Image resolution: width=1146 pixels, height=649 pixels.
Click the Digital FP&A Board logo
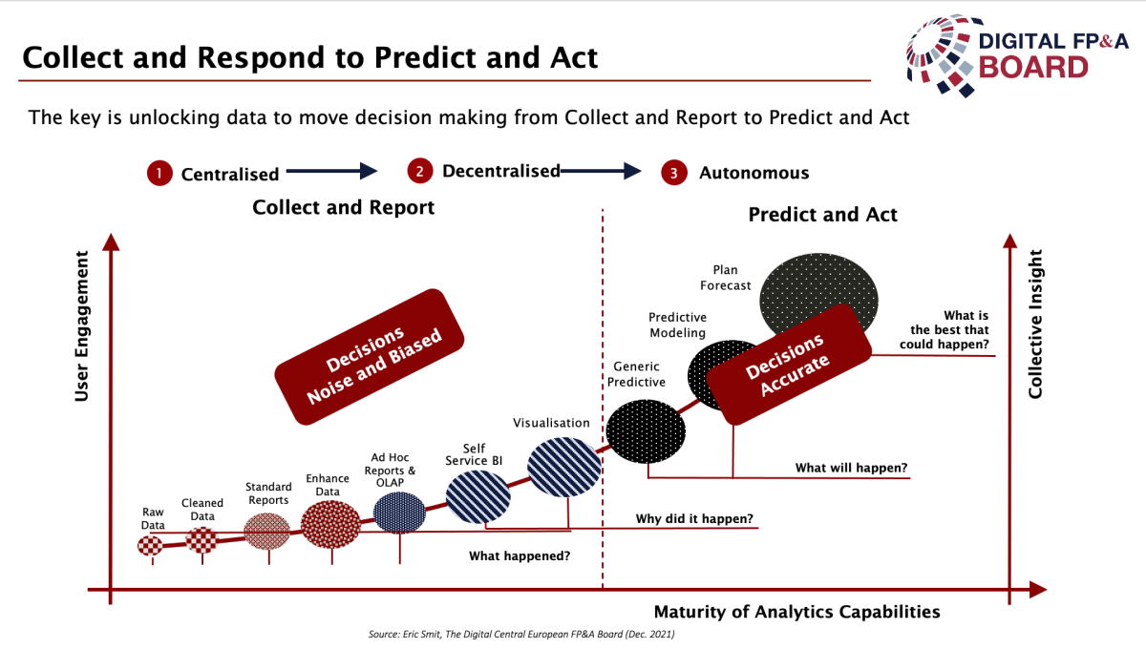point(1017,55)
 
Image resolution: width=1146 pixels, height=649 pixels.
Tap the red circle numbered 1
point(159,174)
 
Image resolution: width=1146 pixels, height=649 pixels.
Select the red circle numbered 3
point(674,173)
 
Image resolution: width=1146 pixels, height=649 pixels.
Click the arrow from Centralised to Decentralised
point(331,171)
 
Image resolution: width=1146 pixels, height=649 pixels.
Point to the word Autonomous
point(754,173)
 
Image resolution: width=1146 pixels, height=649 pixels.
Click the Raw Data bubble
point(151,546)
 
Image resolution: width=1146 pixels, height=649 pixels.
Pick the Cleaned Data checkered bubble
point(202,539)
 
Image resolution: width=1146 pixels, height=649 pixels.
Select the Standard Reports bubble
point(266,532)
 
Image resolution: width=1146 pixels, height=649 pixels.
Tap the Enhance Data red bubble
point(330,525)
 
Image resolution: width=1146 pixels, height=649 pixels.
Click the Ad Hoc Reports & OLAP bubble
point(399,513)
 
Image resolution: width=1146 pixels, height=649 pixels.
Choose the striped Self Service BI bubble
point(477,496)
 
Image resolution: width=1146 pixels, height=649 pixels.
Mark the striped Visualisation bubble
point(563,467)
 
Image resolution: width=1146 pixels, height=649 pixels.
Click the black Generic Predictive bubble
point(646,431)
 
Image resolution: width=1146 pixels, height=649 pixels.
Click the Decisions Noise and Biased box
point(370,357)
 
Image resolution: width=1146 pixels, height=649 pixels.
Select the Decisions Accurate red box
point(789,365)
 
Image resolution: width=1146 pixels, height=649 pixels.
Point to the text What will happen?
point(851,468)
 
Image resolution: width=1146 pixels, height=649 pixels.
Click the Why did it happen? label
point(694,518)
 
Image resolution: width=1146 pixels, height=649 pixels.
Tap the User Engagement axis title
point(82,325)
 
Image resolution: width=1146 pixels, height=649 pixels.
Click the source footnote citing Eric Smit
point(521,634)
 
